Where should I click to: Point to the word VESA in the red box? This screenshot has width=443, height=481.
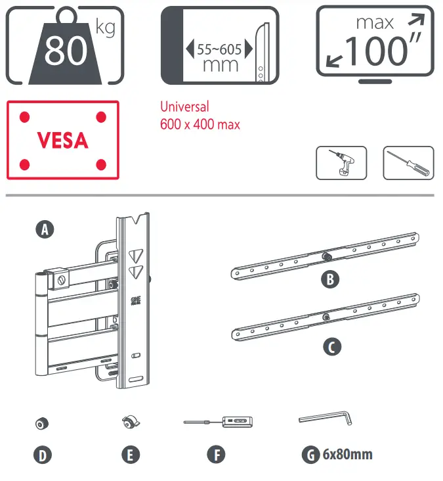point(63,140)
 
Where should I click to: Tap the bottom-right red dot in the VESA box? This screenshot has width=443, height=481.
point(101,164)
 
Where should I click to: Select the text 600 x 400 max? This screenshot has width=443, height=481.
point(200,124)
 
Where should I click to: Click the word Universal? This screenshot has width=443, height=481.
point(184,106)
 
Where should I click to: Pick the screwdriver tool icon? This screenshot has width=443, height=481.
point(408,162)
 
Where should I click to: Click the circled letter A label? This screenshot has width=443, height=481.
point(44,229)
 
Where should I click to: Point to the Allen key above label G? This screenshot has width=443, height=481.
point(326,418)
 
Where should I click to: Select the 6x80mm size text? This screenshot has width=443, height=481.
point(347,454)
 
